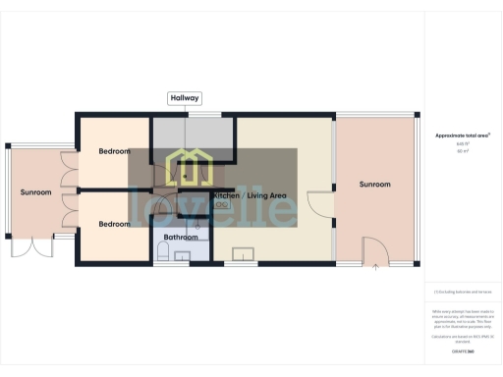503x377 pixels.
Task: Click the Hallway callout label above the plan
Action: (x=185, y=98)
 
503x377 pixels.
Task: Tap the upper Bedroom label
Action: (x=114, y=152)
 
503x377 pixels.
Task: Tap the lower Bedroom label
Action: (x=114, y=224)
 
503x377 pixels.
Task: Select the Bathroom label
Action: (x=181, y=238)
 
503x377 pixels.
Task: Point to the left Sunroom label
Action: (x=36, y=192)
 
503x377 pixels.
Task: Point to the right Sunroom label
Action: (x=374, y=185)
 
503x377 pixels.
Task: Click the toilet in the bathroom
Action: (x=161, y=252)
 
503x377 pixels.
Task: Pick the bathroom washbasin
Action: (x=182, y=256)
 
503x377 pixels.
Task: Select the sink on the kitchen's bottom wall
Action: (x=243, y=256)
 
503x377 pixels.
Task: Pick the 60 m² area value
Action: (x=462, y=151)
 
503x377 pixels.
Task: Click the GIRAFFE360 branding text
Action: (x=462, y=350)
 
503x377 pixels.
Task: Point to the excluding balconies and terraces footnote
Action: (x=462, y=293)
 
